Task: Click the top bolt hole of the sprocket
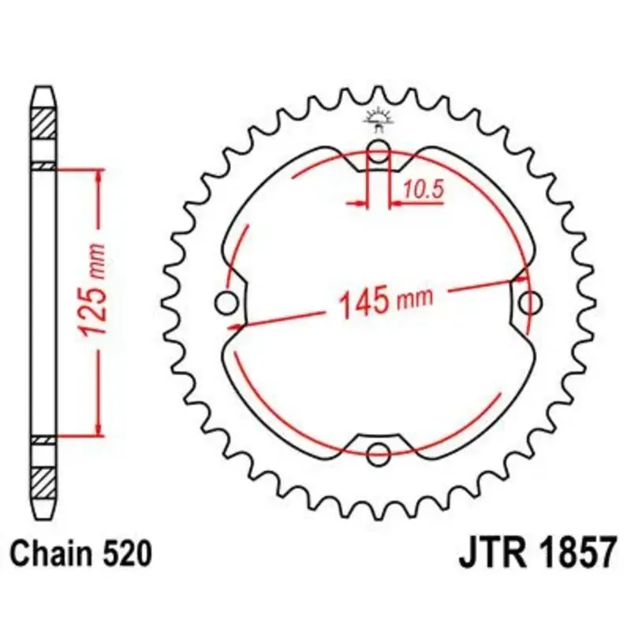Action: point(379,151)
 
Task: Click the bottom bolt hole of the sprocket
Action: point(379,454)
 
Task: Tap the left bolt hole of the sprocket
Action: point(226,303)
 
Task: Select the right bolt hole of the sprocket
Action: point(530,303)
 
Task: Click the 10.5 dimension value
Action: point(424,189)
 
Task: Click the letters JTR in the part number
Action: point(492,552)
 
